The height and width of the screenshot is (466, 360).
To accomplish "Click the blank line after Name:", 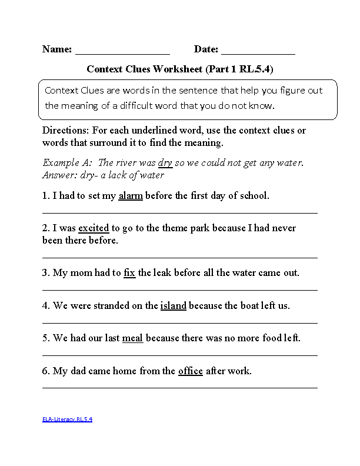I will pos(122,53).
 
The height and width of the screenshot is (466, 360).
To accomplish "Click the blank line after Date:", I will pos(258,53).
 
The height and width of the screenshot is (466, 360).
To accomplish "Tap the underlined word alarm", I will pos(131,196).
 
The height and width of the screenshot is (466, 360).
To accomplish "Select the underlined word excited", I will pos(94,228).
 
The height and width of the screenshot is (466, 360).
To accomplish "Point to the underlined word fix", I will pos(129,273).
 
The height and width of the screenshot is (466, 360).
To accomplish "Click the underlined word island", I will pos(173,306).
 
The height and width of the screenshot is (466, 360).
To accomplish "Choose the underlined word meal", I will pos(132,338).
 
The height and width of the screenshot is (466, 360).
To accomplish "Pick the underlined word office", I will pos(190,371).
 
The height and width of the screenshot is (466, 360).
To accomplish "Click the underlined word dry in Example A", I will pos(165,163).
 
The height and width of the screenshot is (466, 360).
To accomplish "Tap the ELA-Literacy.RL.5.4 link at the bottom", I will pos(67,420).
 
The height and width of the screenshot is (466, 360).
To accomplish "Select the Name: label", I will pos(57,49).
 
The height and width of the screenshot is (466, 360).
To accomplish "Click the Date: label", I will pos(206,49).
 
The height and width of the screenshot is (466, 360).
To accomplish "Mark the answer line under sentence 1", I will pos(180,212).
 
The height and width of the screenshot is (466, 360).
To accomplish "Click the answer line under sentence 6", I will pos(180,388).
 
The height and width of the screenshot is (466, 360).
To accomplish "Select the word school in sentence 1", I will pos(253,196).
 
